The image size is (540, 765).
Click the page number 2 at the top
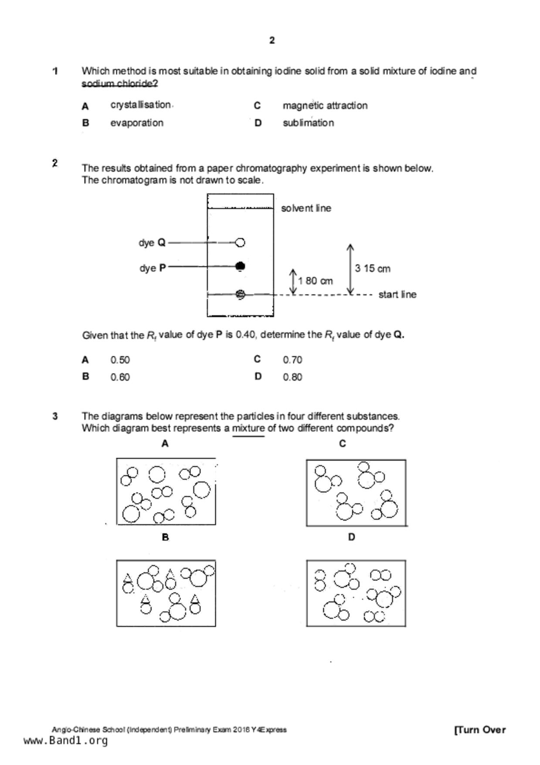coord(272,41)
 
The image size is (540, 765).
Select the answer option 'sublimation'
coord(308,123)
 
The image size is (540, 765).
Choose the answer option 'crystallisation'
coord(140,105)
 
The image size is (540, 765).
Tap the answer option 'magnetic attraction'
coord(325,106)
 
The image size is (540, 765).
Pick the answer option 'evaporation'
coord(137,123)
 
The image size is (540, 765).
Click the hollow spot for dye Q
coord(240,242)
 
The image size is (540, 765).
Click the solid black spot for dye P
coord(240,266)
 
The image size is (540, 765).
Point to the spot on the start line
coord(240,294)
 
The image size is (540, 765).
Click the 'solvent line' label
coord(306,208)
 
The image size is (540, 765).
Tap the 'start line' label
coord(397,295)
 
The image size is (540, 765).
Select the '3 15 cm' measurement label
coord(372,269)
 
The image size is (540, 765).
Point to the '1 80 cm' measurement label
coord(315,281)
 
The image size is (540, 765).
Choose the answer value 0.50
coord(120,360)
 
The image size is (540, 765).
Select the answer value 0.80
coord(292,377)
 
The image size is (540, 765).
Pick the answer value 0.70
coord(292,360)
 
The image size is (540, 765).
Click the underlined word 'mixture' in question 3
coord(248,428)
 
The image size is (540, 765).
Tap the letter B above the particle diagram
coord(165,537)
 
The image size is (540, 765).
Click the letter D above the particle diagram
coord(351,537)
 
